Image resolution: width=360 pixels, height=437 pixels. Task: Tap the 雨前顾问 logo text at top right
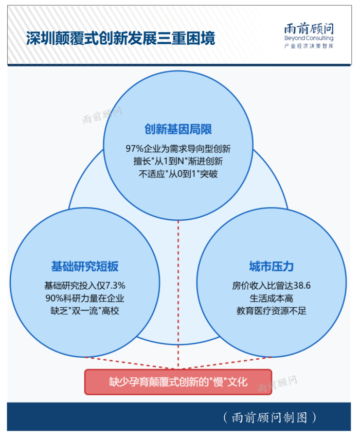tap(309, 28)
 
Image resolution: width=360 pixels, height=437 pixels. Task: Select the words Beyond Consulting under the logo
tap(309, 39)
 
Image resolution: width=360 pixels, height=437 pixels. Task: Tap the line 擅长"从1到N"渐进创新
tap(178, 161)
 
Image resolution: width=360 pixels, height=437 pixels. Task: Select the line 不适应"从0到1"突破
tap(178, 173)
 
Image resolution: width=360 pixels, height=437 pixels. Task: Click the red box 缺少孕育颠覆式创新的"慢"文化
tap(178, 381)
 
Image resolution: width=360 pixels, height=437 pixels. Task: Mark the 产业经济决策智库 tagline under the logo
tap(309, 47)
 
